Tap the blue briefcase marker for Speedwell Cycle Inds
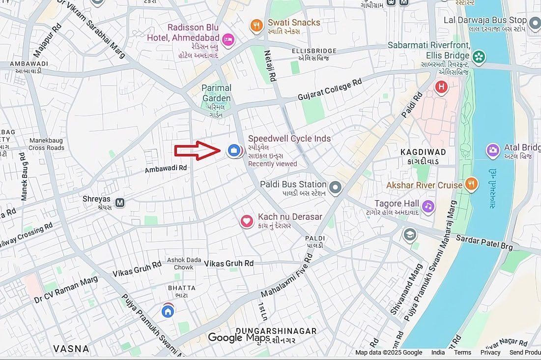pyautogui.click(x=234, y=150)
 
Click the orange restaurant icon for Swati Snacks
pyautogui.click(x=256, y=26)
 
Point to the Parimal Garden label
pyautogui.click(x=216, y=93)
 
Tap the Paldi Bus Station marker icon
pyautogui.click(x=335, y=187)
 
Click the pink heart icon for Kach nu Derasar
pyautogui.click(x=247, y=221)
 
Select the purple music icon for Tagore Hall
pyautogui.click(x=428, y=207)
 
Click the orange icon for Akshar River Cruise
pyautogui.click(x=471, y=184)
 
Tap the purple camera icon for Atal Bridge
pyautogui.click(x=493, y=150)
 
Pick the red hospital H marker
pyautogui.click(x=442, y=88)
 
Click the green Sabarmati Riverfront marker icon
pyautogui.click(x=479, y=58)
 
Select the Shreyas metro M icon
pyautogui.click(x=120, y=202)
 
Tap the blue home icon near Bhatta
pyautogui.click(x=168, y=311)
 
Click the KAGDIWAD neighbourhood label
pyautogui.click(x=423, y=152)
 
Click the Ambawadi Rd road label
pyautogui.click(x=166, y=168)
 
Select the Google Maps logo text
pyautogui.click(x=238, y=338)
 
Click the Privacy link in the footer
pyautogui.click(x=490, y=352)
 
